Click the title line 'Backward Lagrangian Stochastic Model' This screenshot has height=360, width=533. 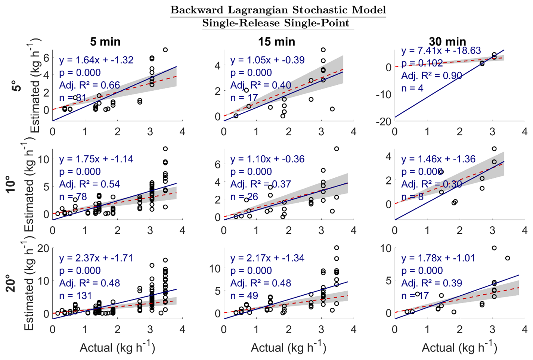(278, 10)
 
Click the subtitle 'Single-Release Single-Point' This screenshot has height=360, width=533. (276, 23)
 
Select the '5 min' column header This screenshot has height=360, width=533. (105, 41)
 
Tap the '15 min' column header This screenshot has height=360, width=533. (276, 41)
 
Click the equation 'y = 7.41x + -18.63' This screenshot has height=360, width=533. (441, 50)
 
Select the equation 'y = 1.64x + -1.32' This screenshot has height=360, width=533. (96, 60)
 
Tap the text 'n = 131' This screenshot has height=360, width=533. (75, 296)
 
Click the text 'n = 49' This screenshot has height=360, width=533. (244, 296)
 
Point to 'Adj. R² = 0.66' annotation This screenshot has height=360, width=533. (89, 85)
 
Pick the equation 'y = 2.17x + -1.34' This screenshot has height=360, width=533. (267, 258)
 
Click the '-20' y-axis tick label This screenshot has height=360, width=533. (383, 121)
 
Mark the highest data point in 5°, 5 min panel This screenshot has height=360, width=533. (165, 50)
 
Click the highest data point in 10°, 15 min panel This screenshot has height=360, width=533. (337, 149)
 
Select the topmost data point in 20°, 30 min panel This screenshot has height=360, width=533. (494, 248)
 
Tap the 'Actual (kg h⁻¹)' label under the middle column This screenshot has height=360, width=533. (288, 348)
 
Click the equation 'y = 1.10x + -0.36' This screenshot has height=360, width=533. (267, 159)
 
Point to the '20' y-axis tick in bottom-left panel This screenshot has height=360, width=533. (43, 248)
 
